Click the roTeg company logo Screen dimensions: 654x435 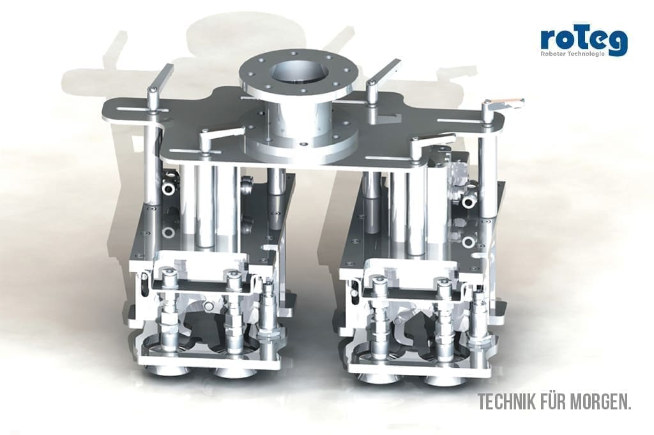point(583,42)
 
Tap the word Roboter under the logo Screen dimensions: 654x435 point(552,54)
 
